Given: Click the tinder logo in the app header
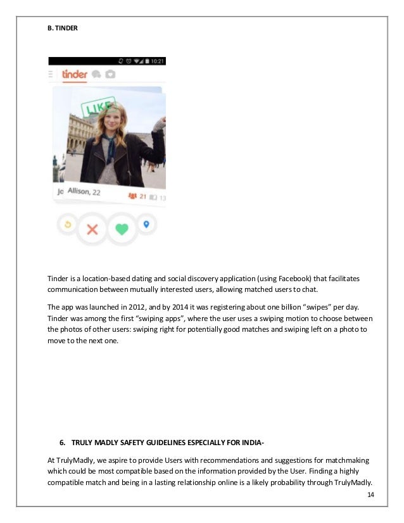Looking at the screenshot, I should point(75,74).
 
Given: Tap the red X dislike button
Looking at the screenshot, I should point(92,229).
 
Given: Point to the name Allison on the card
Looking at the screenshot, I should point(79,192).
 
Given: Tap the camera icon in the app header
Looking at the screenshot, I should point(110,74).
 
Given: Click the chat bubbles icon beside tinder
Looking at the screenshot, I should point(96,74).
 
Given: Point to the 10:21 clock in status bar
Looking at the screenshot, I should point(156,61).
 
